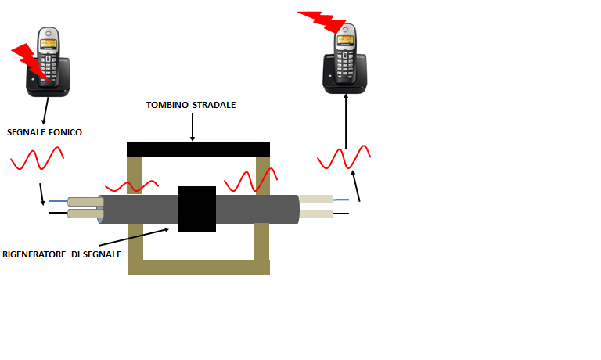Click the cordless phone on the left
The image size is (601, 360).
click(x=49, y=63)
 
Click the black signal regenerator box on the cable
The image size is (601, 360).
click(x=196, y=208)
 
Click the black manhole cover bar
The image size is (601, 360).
click(x=198, y=149)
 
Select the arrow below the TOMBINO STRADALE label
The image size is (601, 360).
click(x=192, y=127)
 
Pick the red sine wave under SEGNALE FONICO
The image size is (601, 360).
click(x=37, y=160)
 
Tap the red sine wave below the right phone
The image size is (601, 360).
click(x=344, y=159)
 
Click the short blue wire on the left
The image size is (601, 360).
click(x=58, y=201)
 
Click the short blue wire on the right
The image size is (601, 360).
click(x=341, y=200)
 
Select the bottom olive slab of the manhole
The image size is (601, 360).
click(x=198, y=266)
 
